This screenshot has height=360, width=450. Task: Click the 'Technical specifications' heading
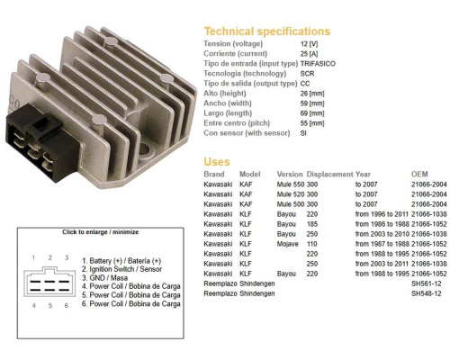point(266,31)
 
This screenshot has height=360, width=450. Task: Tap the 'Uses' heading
point(217,162)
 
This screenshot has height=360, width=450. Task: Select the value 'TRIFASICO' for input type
point(318,64)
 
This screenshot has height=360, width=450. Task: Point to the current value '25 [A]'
point(309,54)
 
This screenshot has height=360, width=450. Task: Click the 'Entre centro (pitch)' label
point(237,123)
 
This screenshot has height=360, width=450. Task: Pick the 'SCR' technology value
point(307,74)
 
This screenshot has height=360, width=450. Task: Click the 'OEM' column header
point(419,175)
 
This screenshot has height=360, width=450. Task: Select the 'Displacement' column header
point(329,175)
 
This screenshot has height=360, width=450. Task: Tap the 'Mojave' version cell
point(287,244)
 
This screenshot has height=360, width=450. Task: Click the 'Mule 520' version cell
point(291,194)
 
